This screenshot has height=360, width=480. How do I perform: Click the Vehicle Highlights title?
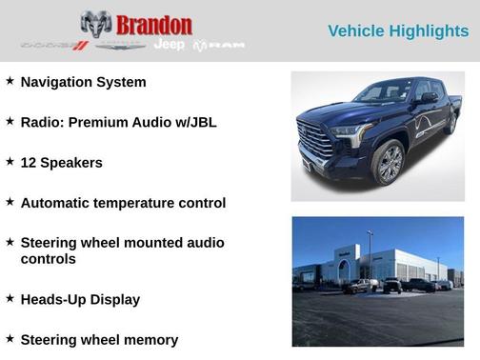point(398,31)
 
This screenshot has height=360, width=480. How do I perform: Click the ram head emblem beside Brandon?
point(96,24)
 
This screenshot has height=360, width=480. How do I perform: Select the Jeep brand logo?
point(170,45)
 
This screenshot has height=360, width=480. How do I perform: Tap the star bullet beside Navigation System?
point(10,81)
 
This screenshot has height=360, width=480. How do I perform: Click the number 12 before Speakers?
point(29,162)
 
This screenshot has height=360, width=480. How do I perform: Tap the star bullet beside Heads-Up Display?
point(10,298)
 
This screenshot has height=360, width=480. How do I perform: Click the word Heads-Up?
point(52,299)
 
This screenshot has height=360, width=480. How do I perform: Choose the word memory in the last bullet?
point(148,339)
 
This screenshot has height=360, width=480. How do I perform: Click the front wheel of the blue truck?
point(389,162)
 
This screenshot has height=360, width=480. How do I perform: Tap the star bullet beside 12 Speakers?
point(10,161)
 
